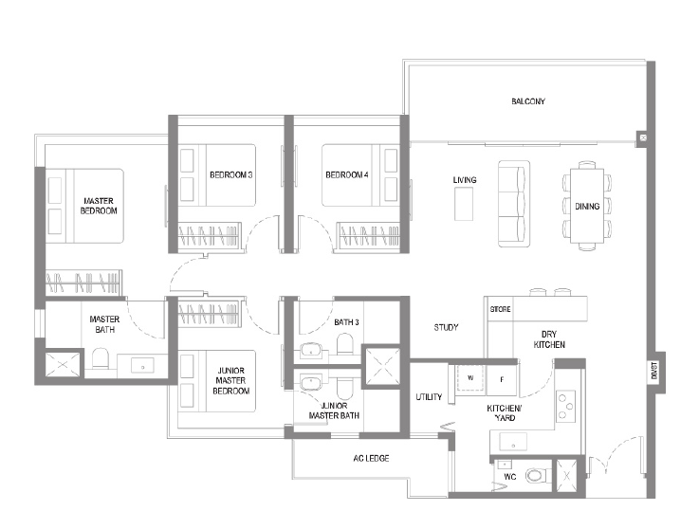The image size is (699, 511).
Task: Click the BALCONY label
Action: (x=528, y=101)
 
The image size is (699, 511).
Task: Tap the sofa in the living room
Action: (x=514, y=204)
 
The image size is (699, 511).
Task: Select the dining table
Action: (x=587, y=206)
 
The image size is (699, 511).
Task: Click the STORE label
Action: (x=500, y=309)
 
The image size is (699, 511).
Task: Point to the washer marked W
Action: (x=470, y=378)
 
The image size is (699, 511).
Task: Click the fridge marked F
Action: (x=502, y=380)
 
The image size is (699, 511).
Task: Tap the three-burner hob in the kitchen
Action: (x=565, y=406)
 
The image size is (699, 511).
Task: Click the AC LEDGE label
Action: (x=371, y=458)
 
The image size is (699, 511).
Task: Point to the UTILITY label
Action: (x=429, y=397)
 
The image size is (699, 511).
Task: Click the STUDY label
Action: (x=446, y=327)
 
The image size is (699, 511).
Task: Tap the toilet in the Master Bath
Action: (x=101, y=358)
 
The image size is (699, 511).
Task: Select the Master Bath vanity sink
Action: (x=142, y=365)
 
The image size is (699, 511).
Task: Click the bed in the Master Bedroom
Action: (x=84, y=206)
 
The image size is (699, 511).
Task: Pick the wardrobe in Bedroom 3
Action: (x=210, y=235)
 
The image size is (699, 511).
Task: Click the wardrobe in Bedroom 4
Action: (x=368, y=235)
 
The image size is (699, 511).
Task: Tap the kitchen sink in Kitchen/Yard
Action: (x=513, y=442)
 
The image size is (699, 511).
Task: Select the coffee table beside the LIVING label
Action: (x=464, y=204)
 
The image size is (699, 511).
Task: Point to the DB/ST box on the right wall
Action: (x=654, y=371)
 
